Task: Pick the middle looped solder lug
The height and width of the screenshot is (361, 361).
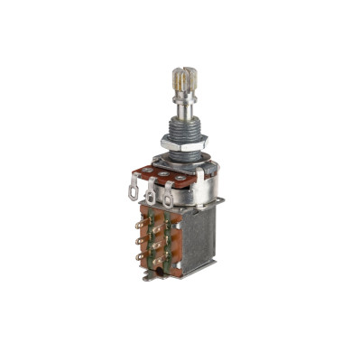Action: (x=151, y=197)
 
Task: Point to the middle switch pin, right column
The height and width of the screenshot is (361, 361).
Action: (x=160, y=244)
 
